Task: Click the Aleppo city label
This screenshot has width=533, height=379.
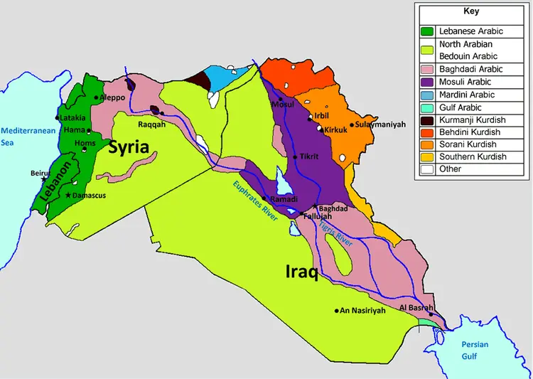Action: click(113, 97)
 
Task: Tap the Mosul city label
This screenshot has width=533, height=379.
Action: click(282, 105)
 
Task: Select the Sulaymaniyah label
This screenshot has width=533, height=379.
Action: click(380, 124)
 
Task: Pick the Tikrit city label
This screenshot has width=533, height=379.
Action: click(309, 156)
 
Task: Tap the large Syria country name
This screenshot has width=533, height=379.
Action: click(129, 147)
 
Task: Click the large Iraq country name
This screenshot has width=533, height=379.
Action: click(301, 272)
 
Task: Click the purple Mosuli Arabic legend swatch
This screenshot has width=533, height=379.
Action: click(427, 82)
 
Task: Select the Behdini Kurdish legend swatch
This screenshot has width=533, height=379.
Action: click(427, 132)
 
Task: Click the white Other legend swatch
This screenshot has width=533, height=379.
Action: click(427, 169)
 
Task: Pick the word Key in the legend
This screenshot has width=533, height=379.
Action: click(471, 11)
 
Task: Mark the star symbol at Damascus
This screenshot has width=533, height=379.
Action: click(68, 195)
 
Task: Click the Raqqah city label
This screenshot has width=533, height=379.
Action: click(151, 123)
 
